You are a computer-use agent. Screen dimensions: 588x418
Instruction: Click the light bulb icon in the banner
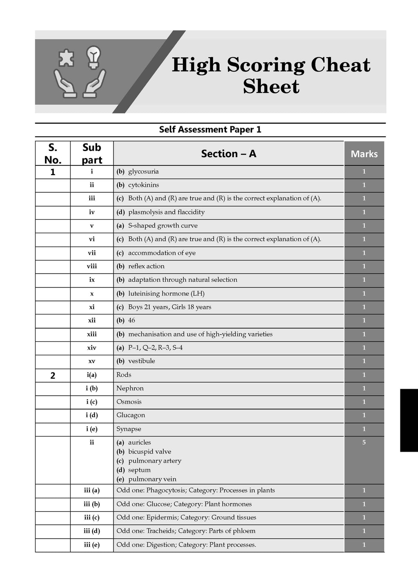(94, 57)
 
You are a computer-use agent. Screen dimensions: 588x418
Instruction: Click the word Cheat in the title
(340, 65)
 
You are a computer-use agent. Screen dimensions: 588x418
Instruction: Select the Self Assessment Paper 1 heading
(210, 129)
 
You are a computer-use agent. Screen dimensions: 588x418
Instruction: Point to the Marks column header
(364, 154)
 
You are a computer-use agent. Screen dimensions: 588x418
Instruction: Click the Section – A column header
(229, 154)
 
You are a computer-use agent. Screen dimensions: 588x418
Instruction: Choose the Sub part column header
(92, 154)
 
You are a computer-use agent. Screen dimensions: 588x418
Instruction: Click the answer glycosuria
(143, 171)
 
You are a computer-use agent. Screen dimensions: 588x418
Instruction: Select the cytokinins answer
(143, 185)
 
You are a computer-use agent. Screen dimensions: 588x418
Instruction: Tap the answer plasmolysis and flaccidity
(166, 212)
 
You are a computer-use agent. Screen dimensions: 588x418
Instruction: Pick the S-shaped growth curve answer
(162, 225)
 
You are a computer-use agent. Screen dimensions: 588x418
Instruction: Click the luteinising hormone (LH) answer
(166, 293)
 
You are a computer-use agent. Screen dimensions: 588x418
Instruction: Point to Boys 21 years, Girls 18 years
(169, 307)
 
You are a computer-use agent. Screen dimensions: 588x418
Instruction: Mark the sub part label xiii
(92, 334)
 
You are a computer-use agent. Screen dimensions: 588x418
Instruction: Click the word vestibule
(141, 361)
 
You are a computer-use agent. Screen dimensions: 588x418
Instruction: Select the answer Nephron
(130, 388)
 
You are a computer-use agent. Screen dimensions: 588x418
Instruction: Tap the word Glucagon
(131, 415)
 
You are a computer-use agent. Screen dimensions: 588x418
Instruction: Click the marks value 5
(364, 442)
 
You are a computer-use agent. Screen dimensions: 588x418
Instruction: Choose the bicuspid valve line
(149, 452)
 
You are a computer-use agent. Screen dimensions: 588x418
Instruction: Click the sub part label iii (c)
(92, 517)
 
